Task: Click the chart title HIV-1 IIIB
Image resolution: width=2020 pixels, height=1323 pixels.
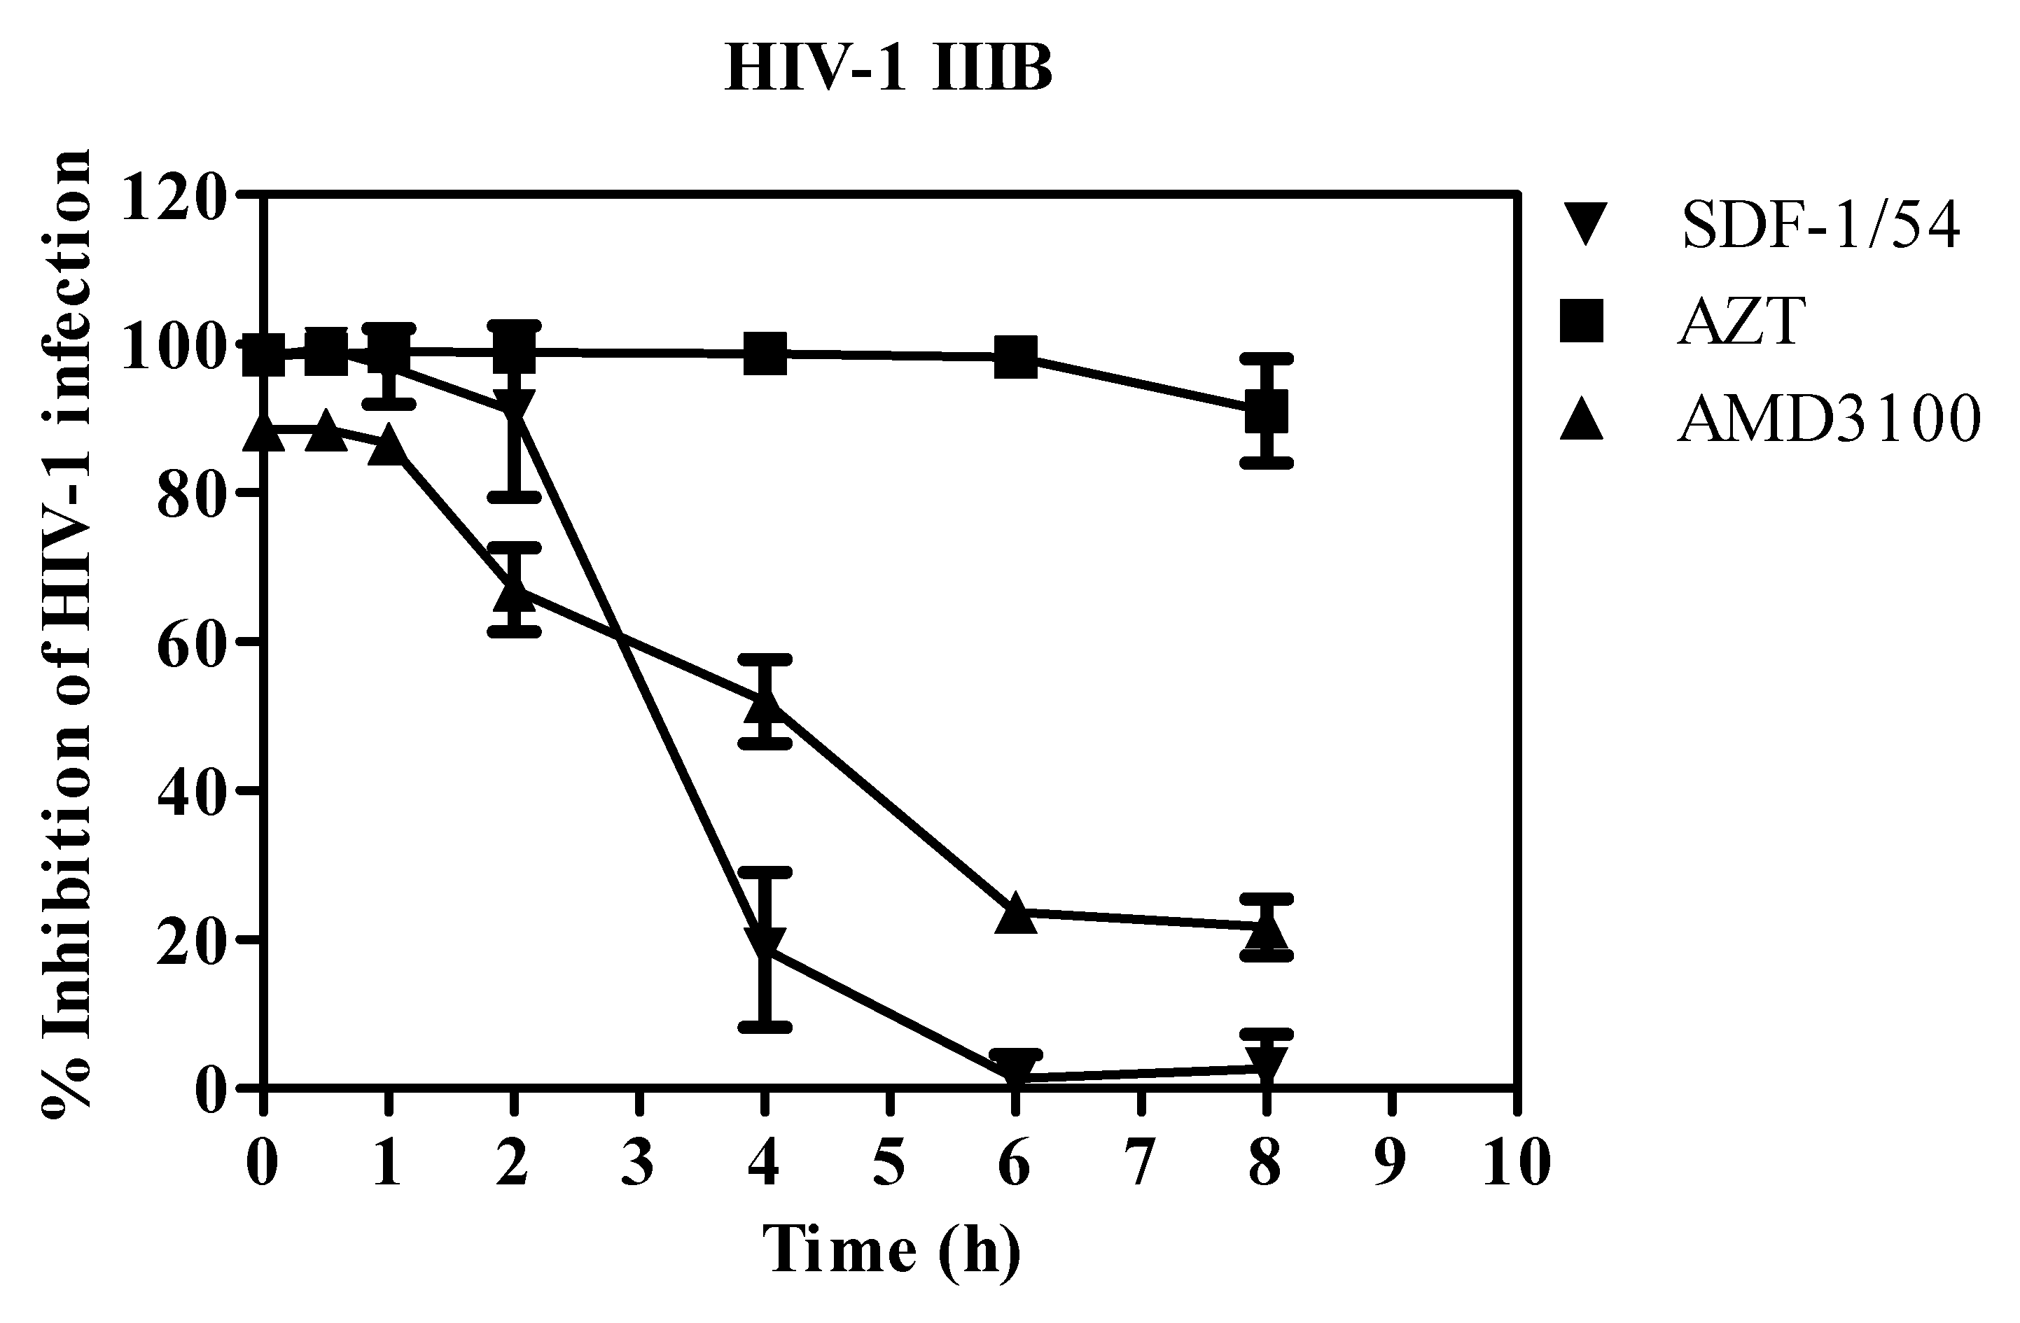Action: pyautogui.click(x=888, y=69)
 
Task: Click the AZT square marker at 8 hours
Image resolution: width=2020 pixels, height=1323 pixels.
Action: pyautogui.click(x=1265, y=412)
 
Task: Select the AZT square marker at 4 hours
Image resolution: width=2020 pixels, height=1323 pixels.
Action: pyautogui.click(x=765, y=352)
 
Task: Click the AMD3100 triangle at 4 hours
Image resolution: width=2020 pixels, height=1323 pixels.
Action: pyautogui.click(x=765, y=703)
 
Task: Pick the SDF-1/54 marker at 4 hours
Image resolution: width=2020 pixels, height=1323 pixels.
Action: pyautogui.click(x=765, y=943)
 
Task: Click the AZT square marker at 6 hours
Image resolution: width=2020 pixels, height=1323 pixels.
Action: pyautogui.click(x=1015, y=357)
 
